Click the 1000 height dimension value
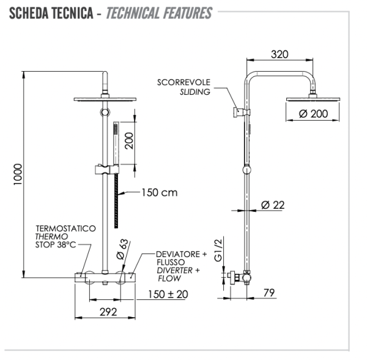pyautogui.click(x=18, y=177)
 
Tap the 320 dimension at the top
pyautogui.click(x=279, y=54)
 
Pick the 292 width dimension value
pyautogui.click(x=108, y=311)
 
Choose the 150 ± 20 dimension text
pyautogui.click(x=168, y=294)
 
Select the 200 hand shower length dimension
pyautogui.click(x=129, y=142)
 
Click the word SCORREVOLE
pyautogui.click(x=183, y=82)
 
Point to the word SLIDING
pyautogui.click(x=195, y=92)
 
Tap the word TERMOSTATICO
pyautogui.click(x=65, y=228)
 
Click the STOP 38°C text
pyautogui.click(x=56, y=246)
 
